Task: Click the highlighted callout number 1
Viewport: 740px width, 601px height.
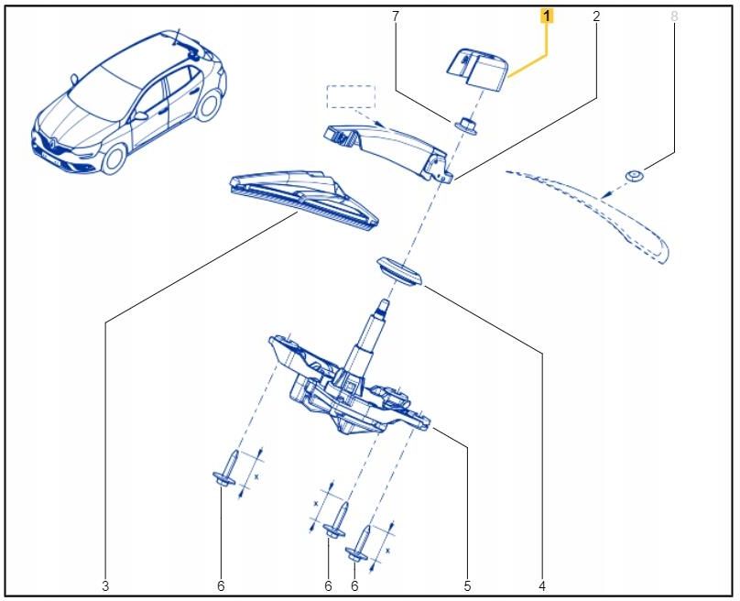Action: coord(547,16)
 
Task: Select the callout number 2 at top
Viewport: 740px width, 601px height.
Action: coord(596,16)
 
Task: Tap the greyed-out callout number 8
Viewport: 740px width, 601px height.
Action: coord(675,16)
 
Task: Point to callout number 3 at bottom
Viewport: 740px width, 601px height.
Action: coord(105,585)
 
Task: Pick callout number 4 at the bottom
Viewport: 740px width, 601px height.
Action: coord(542,585)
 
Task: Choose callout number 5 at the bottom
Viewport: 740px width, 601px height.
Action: coord(467,585)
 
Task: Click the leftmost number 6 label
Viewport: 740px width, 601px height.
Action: coord(221,585)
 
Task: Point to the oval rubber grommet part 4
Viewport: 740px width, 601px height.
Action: coord(398,271)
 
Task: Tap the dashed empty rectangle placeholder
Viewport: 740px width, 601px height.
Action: coord(351,96)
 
